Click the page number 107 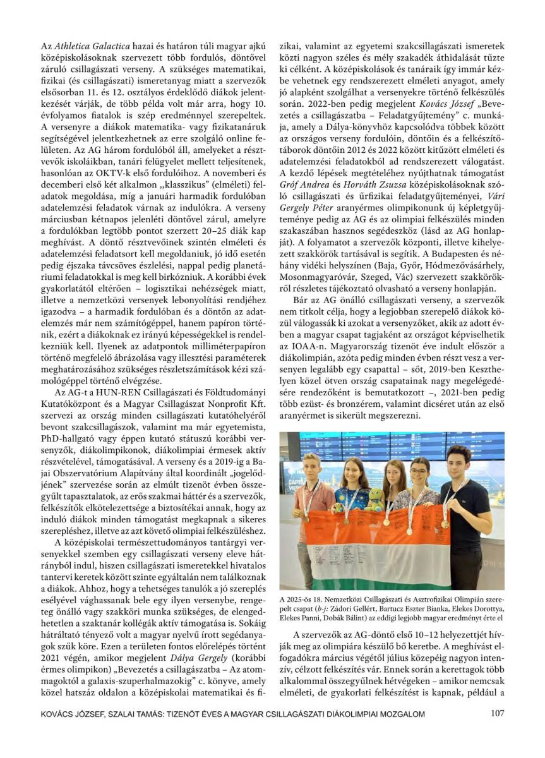coord(496,714)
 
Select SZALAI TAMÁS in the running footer coord(145,714)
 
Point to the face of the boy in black coord(458,462)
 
